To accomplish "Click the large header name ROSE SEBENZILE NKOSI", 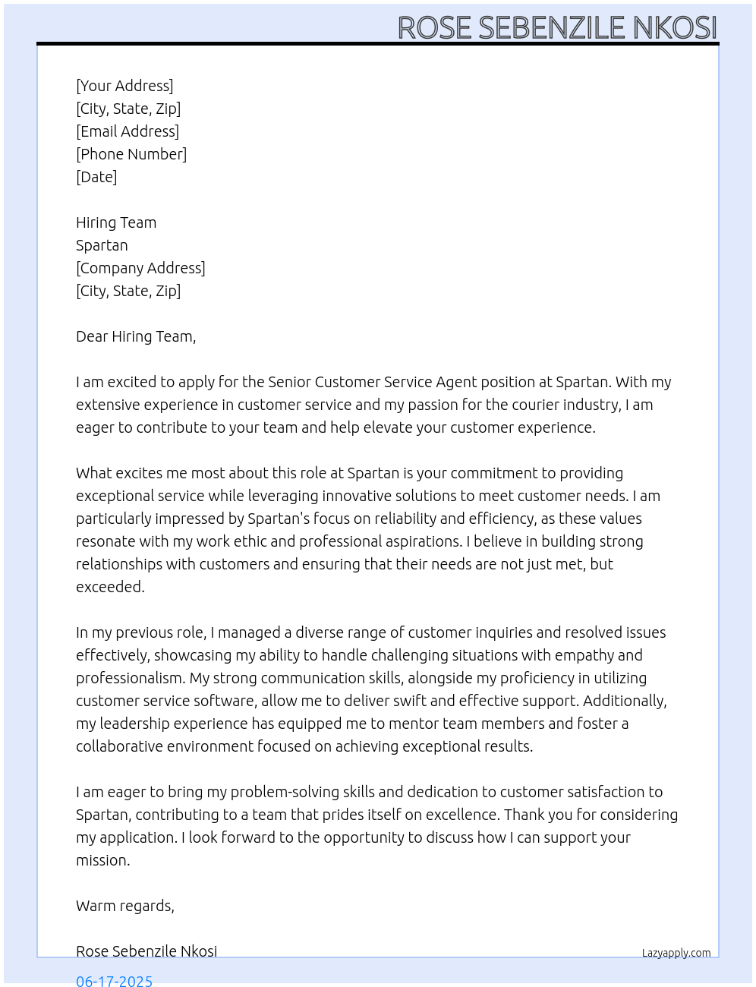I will (x=557, y=27).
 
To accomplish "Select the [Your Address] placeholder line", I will (x=124, y=86).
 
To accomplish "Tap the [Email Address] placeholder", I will (x=128, y=131).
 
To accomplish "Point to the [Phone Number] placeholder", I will (x=131, y=154).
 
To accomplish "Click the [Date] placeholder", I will (x=96, y=177).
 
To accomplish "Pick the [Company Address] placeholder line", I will (x=140, y=268).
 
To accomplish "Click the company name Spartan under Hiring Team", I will (x=102, y=245).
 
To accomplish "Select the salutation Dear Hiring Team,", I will (x=136, y=336).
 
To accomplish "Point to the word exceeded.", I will (x=110, y=587).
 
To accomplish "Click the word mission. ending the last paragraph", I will (x=103, y=860).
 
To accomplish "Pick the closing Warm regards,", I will (x=125, y=906).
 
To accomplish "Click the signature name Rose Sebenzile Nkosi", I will (x=146, y=951).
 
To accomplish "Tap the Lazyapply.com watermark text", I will (x=676, y=953).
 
